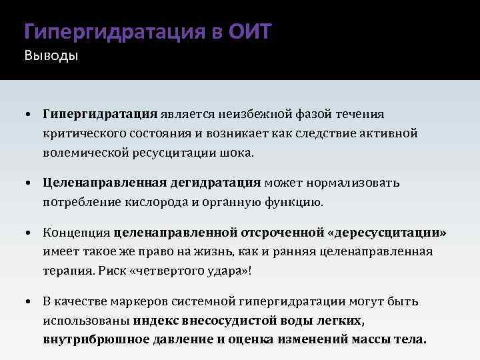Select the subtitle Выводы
51,55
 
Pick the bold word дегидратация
215,183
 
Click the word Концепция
77,233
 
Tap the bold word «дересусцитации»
387,233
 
